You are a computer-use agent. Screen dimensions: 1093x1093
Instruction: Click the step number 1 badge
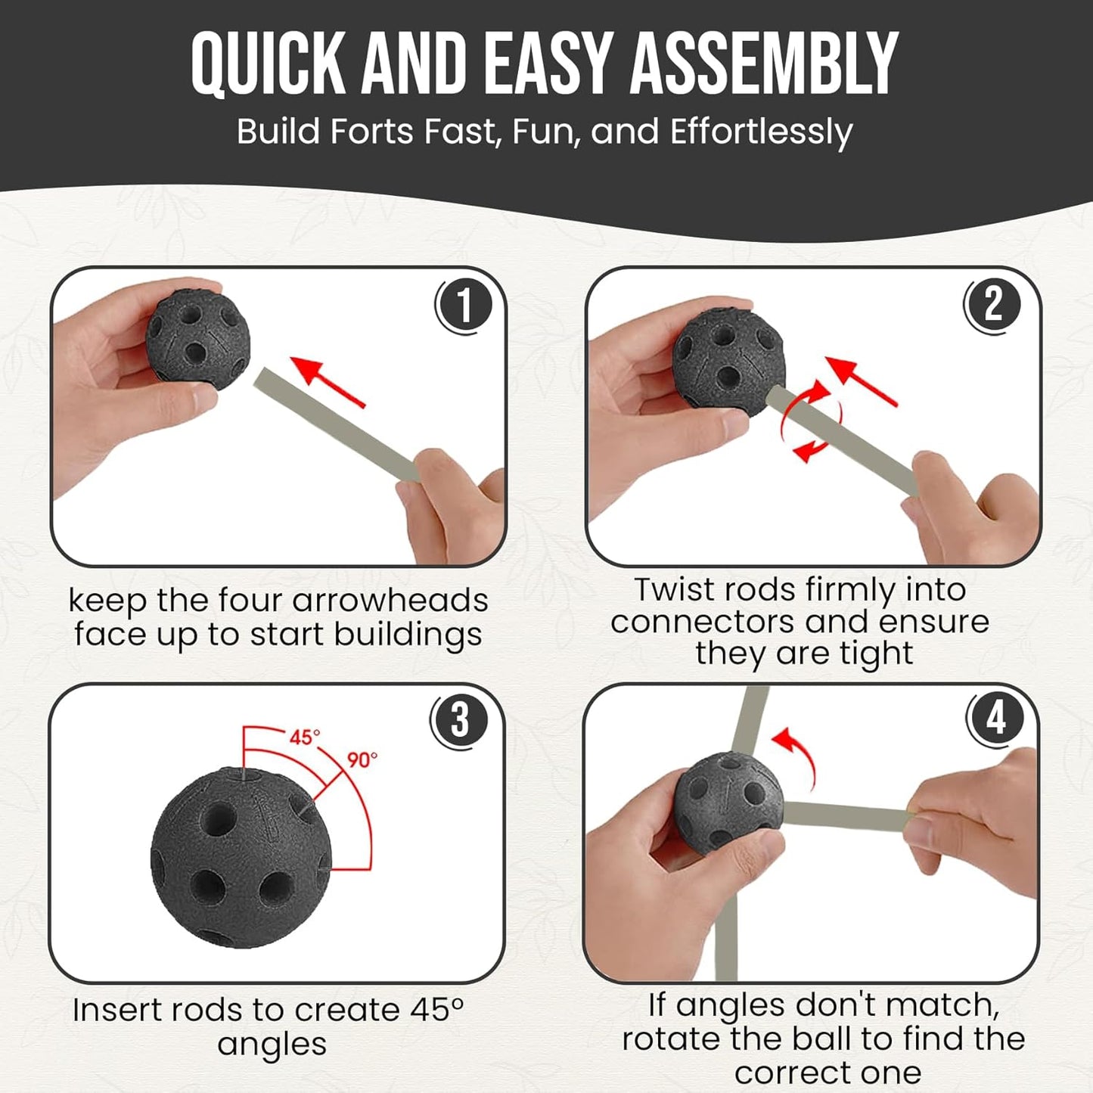[464, 306]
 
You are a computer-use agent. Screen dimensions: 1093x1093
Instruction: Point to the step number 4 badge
[995, 718]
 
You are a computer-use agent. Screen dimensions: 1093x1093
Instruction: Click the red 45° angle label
[305, 737]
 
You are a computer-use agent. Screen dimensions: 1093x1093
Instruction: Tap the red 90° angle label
[362, 759]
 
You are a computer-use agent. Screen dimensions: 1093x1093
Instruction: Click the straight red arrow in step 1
[328, 381]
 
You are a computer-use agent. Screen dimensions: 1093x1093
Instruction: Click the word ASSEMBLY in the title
[765, 64]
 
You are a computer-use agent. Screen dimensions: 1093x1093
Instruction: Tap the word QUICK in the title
[269, 64]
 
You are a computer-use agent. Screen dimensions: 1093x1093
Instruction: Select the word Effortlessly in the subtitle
[761, 132]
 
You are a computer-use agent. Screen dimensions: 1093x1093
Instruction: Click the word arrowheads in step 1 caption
[390, 600]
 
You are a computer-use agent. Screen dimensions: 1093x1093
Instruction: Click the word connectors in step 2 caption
[703, 622]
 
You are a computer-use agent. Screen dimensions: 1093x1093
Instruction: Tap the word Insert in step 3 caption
[117, 1011]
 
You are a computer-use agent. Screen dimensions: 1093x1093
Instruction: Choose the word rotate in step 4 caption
[671, 1039]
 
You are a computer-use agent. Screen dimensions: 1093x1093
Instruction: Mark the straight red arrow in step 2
[861, 381]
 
